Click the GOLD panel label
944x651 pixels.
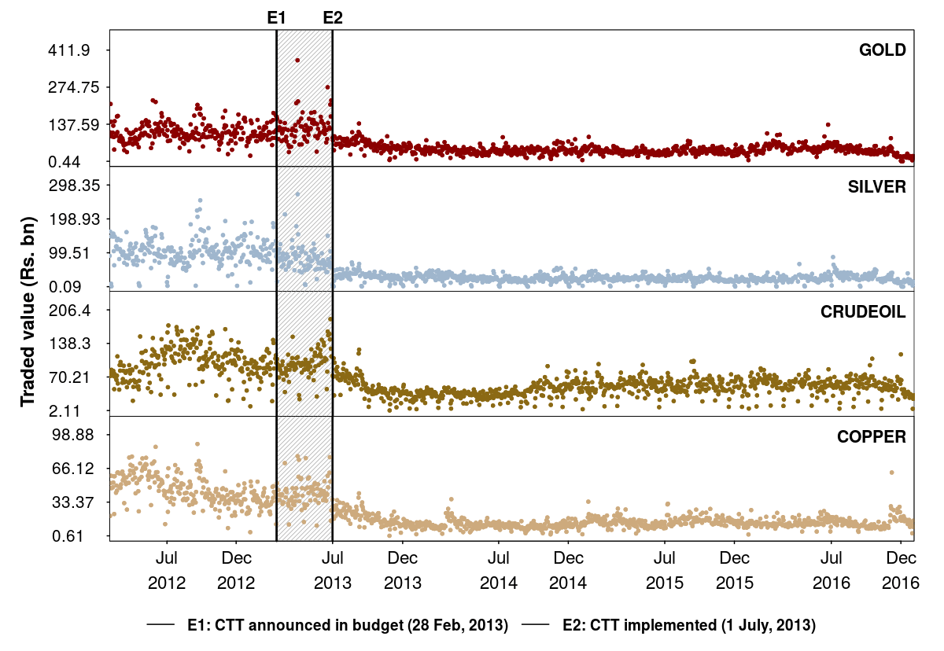point(883,50)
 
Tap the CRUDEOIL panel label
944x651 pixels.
point(863,311)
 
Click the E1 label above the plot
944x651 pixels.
point(277,17)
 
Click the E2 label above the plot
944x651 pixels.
point(333,17)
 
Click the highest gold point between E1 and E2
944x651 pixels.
point(297,60)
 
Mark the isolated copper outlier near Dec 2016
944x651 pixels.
point(891,473)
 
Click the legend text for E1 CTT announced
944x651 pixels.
point(347,626)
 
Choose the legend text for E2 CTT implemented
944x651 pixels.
point(689,626)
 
